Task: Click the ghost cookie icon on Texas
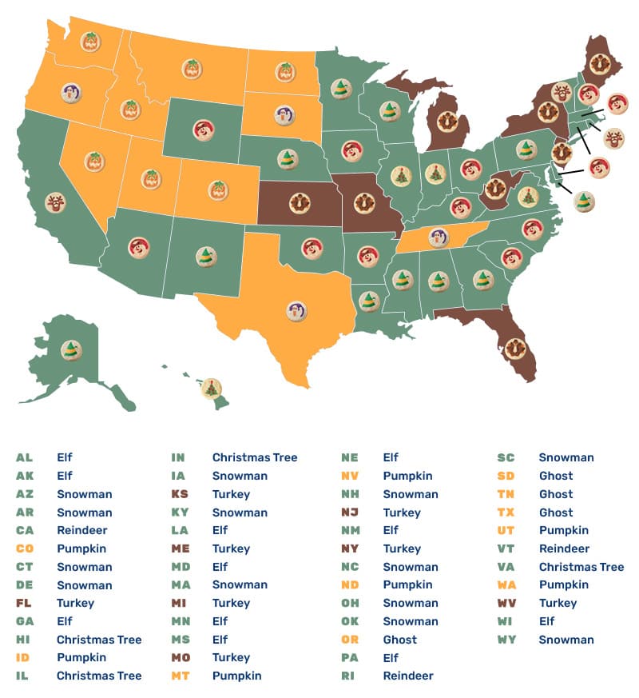click(297, 310)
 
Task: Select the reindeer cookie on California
click(55, 202)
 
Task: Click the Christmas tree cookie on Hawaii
click(211, 388)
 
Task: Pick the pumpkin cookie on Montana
click(191, 69)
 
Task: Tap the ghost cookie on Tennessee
click(437, 237)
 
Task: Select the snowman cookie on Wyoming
click(204, 130)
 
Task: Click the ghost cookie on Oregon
click(70, 94)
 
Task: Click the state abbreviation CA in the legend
click(24, 530)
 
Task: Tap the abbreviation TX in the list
click(507, 513)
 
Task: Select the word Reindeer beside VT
click(564, 548)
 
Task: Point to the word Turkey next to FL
click(75, 603)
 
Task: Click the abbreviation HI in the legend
click(23, 640)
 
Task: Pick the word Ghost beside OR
click(399, 640)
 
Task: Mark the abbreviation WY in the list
click(507, 640)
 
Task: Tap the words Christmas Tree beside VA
click(581, 567)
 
